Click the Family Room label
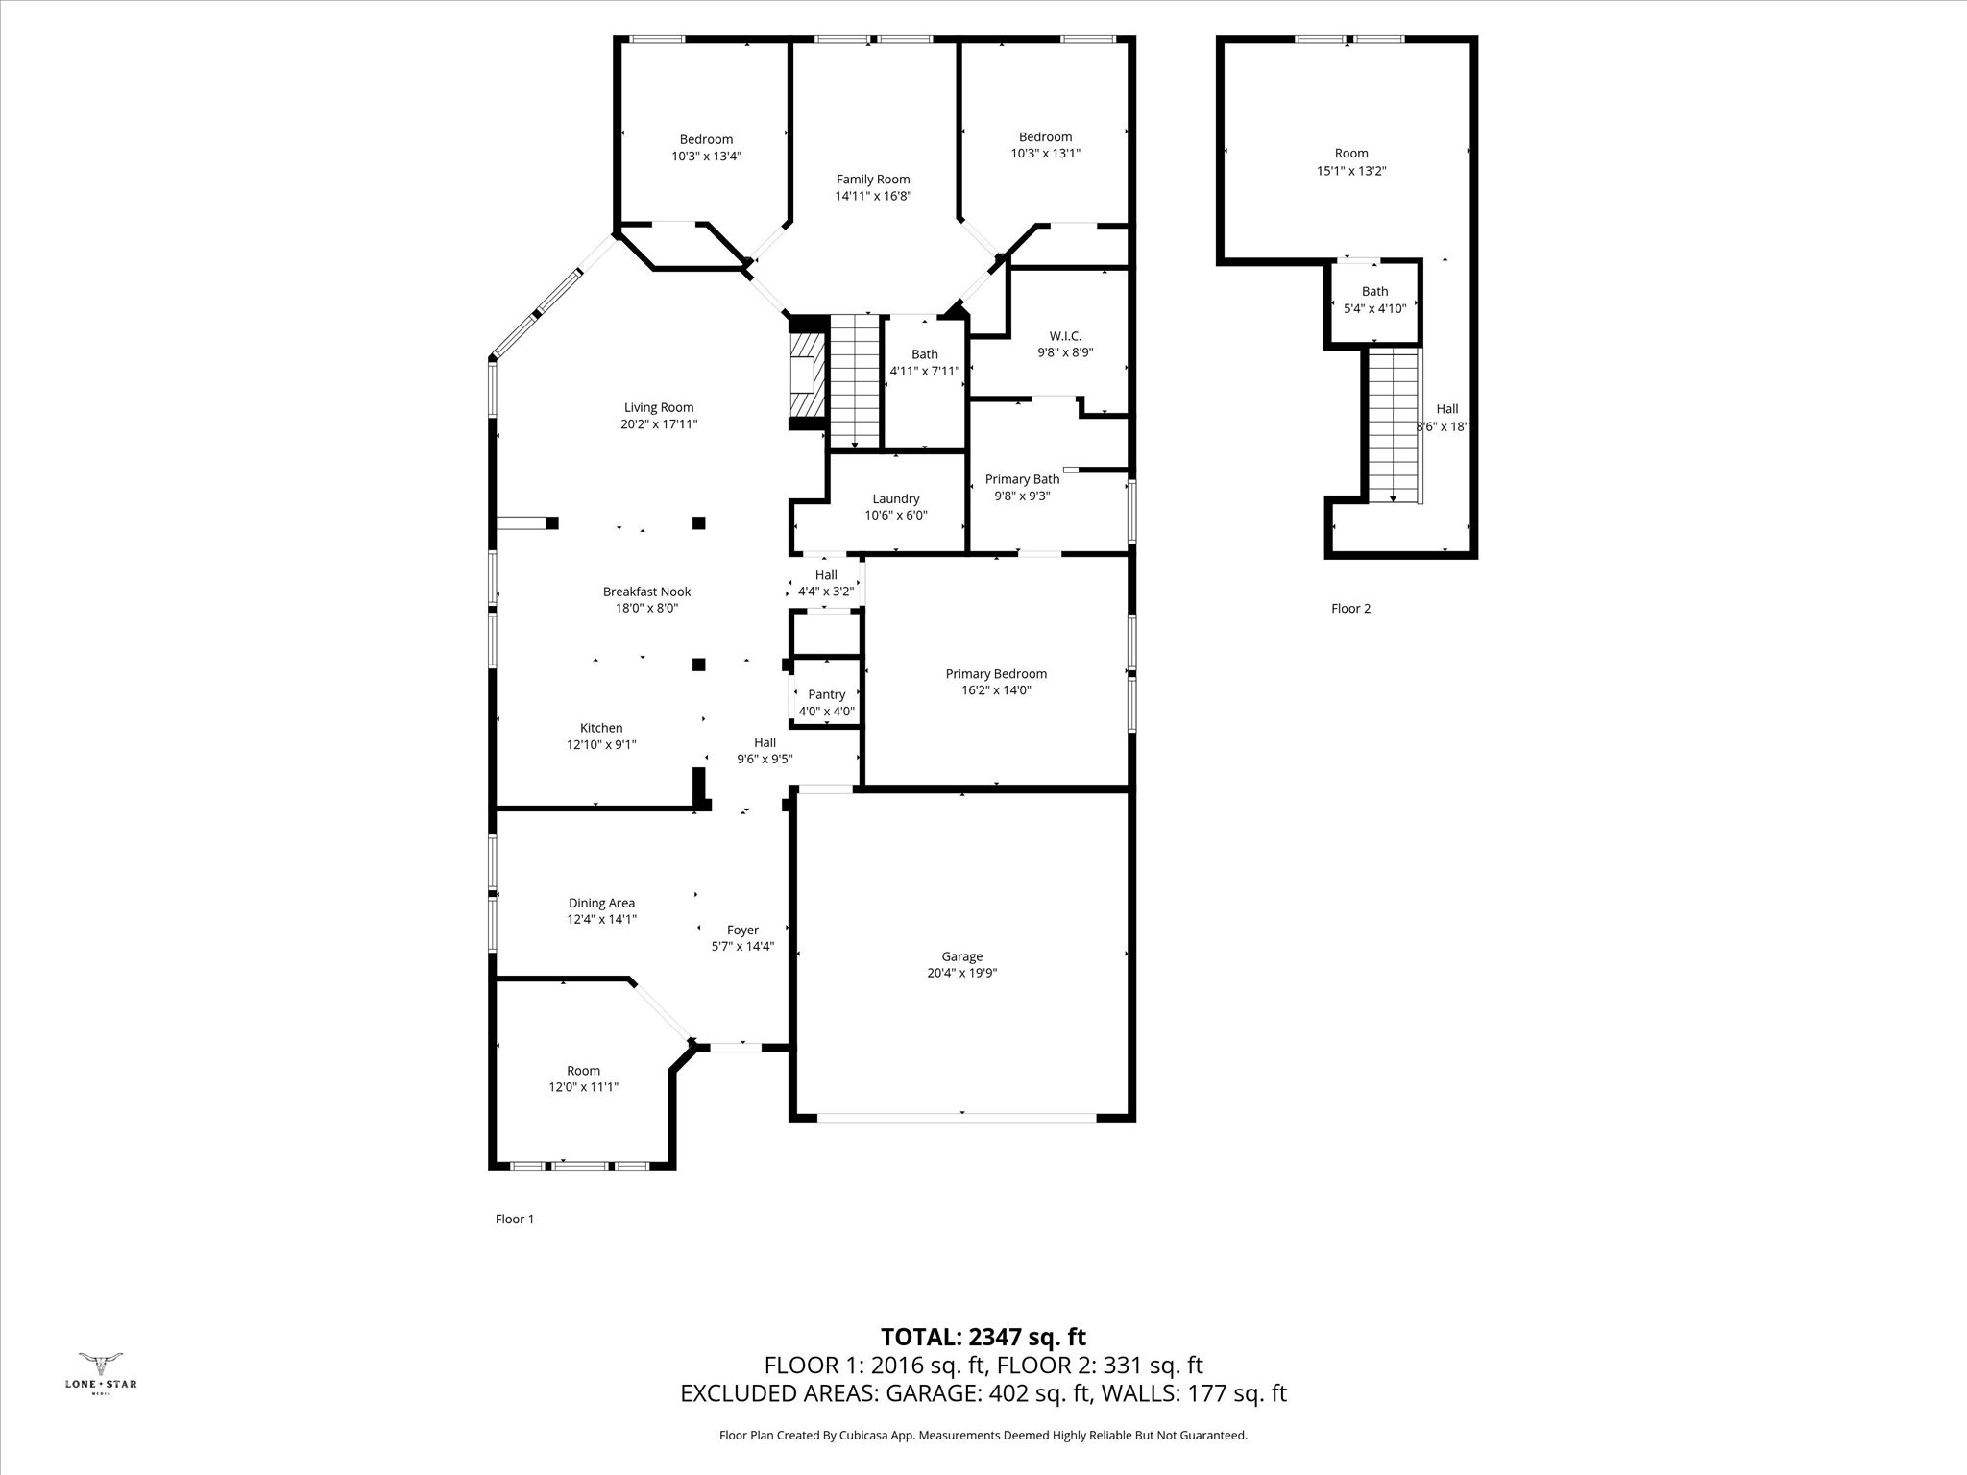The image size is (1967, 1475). (x=872, y=180)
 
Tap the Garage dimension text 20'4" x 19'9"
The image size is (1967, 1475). (x=961, y=973)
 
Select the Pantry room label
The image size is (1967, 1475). (x=826, y=694)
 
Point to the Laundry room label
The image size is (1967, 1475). (x=895, y=498)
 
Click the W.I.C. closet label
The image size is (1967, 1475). (x=1065, y=336)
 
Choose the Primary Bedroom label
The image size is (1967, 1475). (x=995, y=674)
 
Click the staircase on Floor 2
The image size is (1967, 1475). (x=1393, y=425)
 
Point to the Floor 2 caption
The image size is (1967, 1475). (x=1350, y=608)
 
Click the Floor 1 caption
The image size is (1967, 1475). (x=514, y=1219)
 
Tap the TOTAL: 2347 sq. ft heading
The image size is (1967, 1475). (x=983, y=1337)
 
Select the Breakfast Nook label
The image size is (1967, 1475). (x=646, y=592)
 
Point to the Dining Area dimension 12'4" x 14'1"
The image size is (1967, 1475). (x=601, y=919)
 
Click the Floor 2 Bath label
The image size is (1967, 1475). (x=1374, y=291)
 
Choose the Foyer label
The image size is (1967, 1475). (x=742, y=930)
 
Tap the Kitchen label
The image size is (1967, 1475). (x=601, y=728)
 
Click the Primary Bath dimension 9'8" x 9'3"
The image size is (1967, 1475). (x=1022, y=496)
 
